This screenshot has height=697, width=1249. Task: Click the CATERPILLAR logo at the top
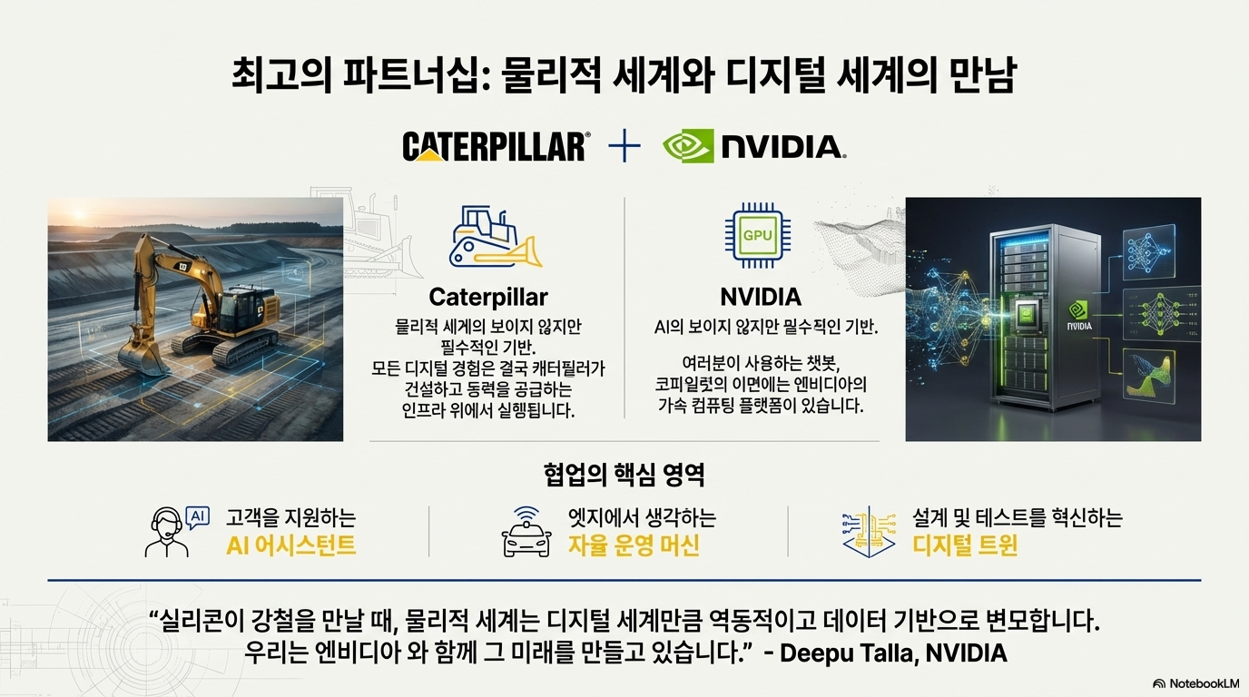496,146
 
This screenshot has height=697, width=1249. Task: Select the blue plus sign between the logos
624,147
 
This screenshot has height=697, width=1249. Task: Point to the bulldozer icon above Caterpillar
496,237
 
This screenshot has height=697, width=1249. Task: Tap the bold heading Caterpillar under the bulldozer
488,297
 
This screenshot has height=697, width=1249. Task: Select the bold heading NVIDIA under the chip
761,297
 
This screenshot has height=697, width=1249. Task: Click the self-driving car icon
526,533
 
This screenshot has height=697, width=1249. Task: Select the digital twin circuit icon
870,532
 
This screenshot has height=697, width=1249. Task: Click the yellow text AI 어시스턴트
290,545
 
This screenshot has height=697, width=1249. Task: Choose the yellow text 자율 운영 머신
634,545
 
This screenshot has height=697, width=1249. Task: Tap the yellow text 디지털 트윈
965,545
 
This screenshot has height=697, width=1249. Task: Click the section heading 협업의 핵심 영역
624,475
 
